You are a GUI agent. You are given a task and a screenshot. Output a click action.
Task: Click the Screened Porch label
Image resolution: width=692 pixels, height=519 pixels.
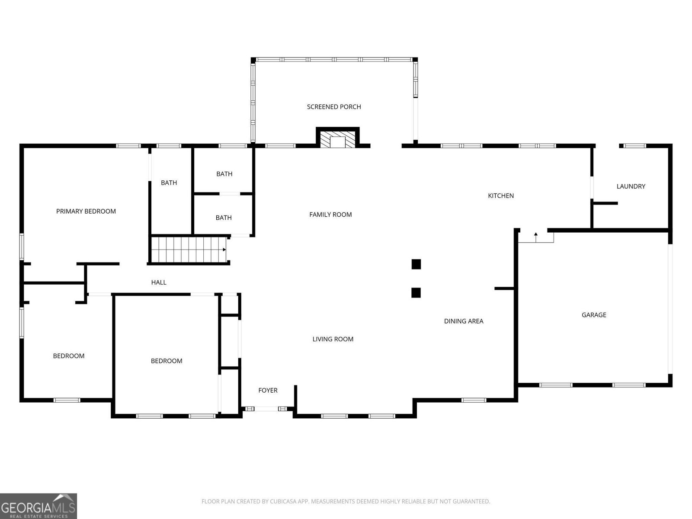coord(334,107)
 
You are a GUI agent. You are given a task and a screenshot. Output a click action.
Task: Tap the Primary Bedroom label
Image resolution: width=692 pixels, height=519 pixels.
coord(86,211)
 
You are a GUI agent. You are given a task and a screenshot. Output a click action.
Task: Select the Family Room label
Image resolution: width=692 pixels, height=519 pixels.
coord(330,215)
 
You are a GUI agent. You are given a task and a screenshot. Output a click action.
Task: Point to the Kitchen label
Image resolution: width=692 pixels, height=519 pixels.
coord(501,195)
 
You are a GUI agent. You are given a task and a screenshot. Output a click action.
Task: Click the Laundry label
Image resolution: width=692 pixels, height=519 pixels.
coord(631,186)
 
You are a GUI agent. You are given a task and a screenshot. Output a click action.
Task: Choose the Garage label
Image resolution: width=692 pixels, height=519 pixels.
coord(594,315)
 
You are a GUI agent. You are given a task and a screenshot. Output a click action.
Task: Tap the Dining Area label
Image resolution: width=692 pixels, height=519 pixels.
coord(464,321)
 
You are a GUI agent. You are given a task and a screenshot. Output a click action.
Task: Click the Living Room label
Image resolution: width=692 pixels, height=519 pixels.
coord(333,339)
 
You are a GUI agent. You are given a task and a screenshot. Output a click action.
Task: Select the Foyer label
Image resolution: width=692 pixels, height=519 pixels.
coord(268,391)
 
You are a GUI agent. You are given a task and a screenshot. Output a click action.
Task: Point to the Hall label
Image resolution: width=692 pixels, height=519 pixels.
coord(159,282)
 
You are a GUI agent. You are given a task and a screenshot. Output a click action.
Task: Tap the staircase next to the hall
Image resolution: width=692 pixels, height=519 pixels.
coord(189,250)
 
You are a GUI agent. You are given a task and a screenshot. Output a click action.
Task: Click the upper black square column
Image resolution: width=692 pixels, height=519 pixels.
coord(416,264)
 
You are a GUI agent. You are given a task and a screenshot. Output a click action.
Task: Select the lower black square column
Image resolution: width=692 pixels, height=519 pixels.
coord(416,293)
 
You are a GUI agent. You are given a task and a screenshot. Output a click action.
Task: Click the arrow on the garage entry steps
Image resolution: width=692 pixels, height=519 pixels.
coord(535,237)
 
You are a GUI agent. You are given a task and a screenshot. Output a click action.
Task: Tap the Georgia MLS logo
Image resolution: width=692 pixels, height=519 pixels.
coord(38,506)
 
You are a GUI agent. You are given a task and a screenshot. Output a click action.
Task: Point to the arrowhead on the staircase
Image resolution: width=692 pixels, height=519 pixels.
coord(224,250)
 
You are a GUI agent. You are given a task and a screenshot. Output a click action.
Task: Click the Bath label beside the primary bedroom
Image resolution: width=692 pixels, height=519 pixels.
coord(169,183)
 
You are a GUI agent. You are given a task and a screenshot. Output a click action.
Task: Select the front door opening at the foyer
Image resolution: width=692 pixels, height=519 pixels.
coord(266,409)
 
